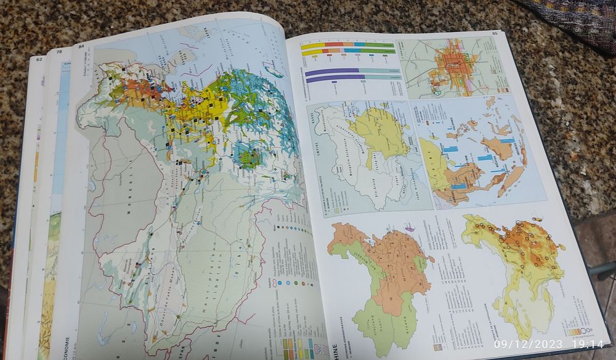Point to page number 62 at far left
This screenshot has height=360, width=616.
point(39,59)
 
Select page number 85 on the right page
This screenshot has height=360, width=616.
point(494,33)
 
